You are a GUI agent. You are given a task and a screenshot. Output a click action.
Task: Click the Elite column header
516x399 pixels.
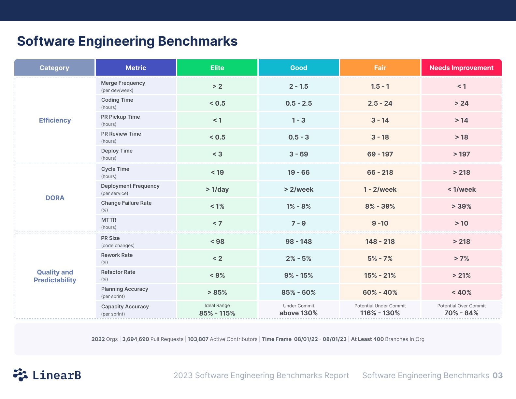point(217,68)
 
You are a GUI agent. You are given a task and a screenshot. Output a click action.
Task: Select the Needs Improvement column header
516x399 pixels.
point(461,68)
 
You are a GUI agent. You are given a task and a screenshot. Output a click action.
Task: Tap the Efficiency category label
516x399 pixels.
point(55,120)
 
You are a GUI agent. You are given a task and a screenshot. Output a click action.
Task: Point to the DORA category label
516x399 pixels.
point(55,198)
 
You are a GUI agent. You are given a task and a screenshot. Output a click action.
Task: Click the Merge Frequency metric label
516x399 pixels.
point(123,83)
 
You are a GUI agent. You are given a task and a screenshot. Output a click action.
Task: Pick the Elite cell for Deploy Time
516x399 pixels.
point(217,154)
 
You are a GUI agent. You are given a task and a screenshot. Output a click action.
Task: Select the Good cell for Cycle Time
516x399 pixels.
point(298,172)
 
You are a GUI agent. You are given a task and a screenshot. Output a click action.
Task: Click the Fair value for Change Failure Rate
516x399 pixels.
point(380,206)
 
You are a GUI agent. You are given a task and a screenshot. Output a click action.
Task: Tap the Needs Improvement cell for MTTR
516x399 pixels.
point(461,223)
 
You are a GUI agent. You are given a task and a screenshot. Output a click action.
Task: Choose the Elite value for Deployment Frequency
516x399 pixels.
point(217,189)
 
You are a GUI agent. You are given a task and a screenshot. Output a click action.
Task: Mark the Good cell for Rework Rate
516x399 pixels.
point(298,259)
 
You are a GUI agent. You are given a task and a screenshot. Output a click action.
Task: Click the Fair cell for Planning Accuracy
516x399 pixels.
point(380,292)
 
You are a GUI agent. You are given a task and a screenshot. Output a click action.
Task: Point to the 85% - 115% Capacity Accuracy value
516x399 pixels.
point(217,313)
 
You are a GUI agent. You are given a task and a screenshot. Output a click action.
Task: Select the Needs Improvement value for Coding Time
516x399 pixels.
point(461,103)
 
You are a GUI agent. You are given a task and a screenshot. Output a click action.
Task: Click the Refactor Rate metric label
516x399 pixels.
point(118,272)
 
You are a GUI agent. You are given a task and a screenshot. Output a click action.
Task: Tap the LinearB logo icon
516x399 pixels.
point(20,375)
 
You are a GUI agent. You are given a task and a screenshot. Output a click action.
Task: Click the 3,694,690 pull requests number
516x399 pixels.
point(136,339)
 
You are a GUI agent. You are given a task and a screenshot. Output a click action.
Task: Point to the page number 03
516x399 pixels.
point(497,376)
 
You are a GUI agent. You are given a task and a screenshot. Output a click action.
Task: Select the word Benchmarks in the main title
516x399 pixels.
point(197,41)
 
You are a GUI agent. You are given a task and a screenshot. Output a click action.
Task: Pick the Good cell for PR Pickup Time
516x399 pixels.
point(298,120)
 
